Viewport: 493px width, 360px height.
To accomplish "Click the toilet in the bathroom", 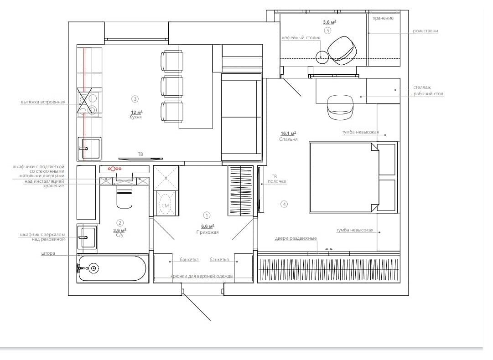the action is pyautogui.click(x=125, y=197).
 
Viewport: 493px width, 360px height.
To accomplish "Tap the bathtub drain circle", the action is pyautogui.click(x=93, y=268).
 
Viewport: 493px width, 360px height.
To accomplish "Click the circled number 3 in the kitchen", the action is pyautogui.click(x=135, y=99).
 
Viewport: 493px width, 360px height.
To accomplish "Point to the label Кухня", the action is pyautogui.click(x=135, y=117).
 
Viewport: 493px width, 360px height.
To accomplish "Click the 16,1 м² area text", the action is pyautogui.click(x=288, y=133).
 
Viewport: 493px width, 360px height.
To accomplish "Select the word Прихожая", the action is pyautogui.click(x=207, y=232).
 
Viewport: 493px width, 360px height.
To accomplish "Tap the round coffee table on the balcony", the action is pyautogui.click(x=322, y=57).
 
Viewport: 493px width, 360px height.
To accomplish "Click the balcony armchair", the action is pyautogui.click(x=342, y=51).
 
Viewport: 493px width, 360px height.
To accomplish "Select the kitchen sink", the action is pyautogui.click(x=89, y=148).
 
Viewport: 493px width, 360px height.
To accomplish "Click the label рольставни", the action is pyautogui.click(x=425, y=31).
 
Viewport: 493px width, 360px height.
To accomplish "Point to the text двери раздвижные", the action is pyautogui.click(x=296, y=238).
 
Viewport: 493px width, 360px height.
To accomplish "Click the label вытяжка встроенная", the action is pyautogui.click(x=43, y=102).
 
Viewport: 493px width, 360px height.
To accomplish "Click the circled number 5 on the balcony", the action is pyautogui.click(x=327, y=31).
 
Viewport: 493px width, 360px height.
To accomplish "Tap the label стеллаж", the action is pyautogui.click(x=422, y=87).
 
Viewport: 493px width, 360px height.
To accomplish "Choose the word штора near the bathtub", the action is pyautogui.click(x=48, y=253).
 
